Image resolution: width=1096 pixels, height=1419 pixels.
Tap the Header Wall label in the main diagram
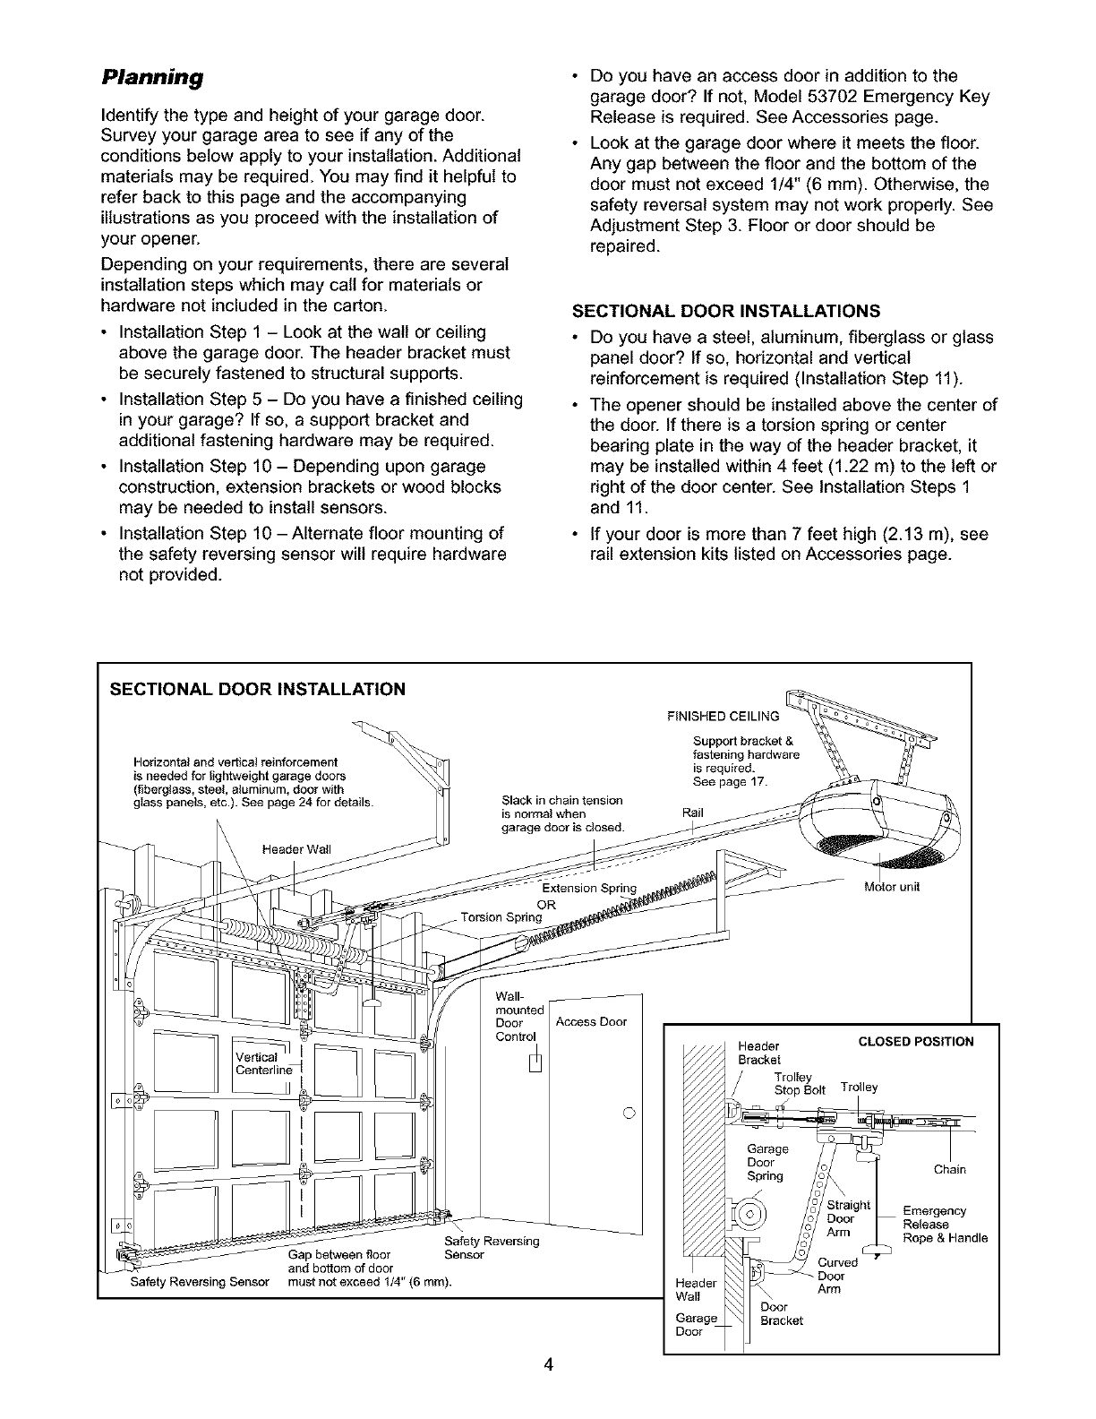pos(296,848)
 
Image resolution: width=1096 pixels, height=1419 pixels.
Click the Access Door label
pos(591,1022)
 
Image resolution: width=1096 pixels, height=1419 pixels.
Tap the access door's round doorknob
pos(628,1114)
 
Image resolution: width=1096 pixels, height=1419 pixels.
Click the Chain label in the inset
pos(949,1169)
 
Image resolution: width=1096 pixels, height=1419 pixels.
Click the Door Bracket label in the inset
pos(781,1313)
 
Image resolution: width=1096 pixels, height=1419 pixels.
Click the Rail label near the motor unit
pos(693,813)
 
